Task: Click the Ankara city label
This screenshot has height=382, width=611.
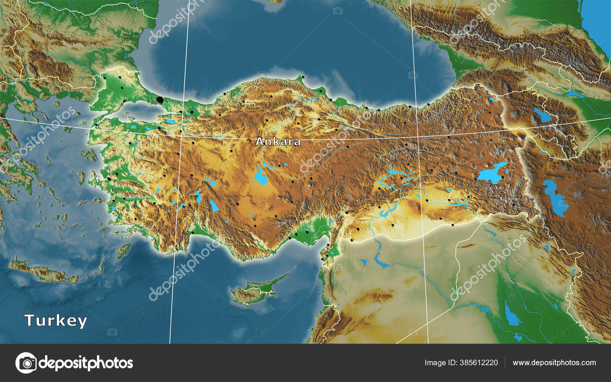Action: (278, 142)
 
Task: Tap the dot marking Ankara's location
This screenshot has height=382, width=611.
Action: (249, 141)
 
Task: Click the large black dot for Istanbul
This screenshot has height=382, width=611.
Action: (160, 100)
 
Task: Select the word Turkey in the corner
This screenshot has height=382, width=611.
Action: (56, 320)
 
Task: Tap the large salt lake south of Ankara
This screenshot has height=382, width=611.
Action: (261, 177)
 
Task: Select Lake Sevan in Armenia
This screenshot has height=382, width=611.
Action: (543, 115)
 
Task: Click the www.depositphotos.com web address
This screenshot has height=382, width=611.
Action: (554, 363)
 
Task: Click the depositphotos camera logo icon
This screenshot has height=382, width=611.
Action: (26, 363)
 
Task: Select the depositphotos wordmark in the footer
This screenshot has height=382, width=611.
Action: (86, 363)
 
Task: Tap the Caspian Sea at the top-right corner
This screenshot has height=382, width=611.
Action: (598, 19)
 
